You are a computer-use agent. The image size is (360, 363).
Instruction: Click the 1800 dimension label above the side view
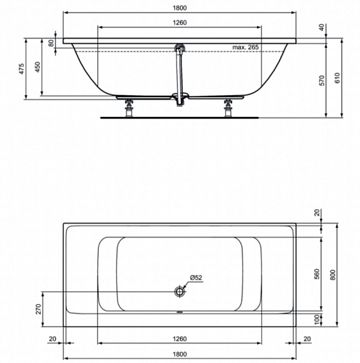(x=179, y=8)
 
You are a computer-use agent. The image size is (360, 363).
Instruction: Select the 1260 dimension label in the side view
(x=179, y=23)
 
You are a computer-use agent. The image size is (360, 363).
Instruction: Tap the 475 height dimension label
(x=22, y=69)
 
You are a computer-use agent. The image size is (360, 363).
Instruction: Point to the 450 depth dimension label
(x=38, y=67)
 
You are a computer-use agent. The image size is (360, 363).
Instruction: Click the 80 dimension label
(x=51, y=43)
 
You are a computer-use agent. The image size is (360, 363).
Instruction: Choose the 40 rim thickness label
(x=322, y=28)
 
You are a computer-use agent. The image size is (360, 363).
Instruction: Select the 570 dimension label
(x=322, y=81)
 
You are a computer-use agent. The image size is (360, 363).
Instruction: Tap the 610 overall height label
(x=337, y=78)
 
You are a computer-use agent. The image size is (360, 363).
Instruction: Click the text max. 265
(x=245, y=47)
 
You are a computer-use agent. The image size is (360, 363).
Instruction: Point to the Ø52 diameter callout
(x=196, y=277)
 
